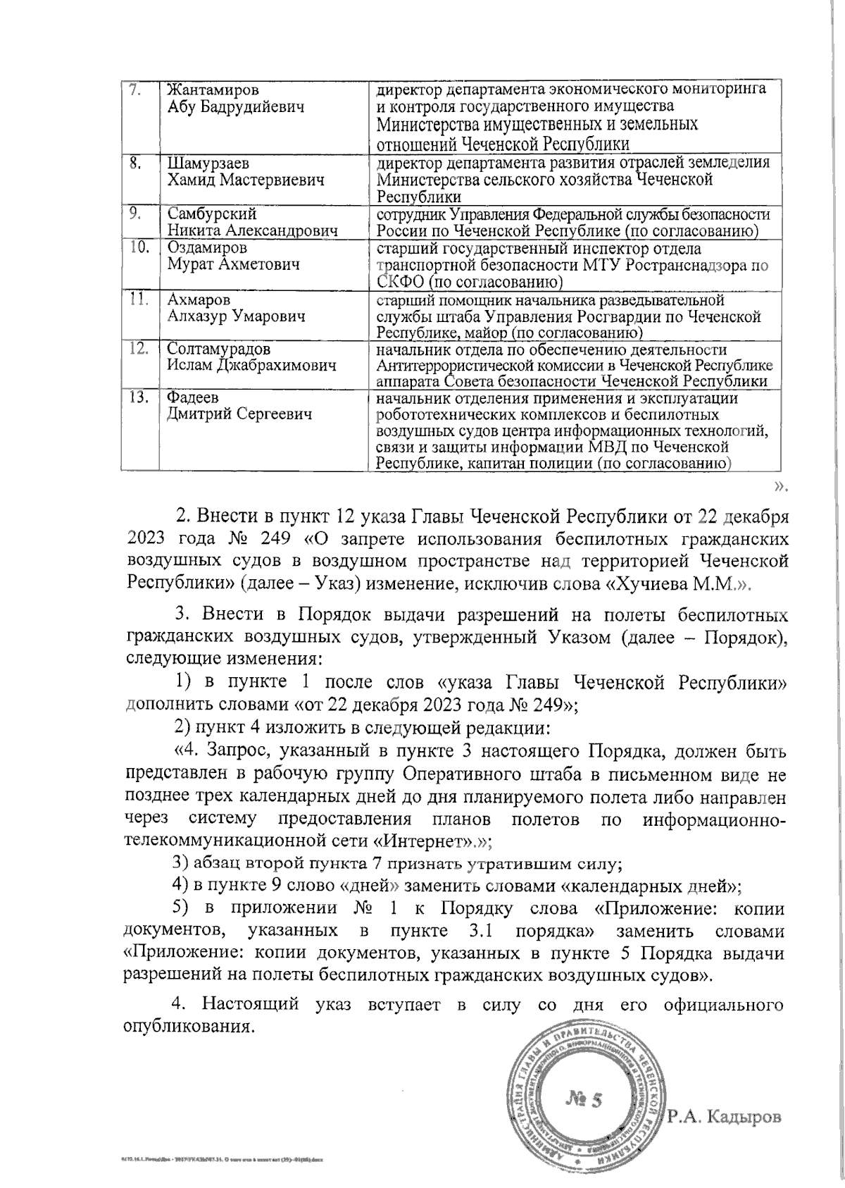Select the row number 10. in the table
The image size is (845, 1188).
pyautogui.click(x=140, y=248)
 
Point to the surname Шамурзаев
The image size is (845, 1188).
pyautogui.click(x=207, y=163)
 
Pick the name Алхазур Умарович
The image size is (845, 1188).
pyautogui.click(x=236, y=316)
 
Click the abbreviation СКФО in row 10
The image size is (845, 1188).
pyautogui.click(x=400, y=283)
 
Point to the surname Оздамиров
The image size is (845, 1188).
pyautogui.click(x=207, y=249)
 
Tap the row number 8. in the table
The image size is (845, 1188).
pyautogui.click(x=138, y=163)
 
